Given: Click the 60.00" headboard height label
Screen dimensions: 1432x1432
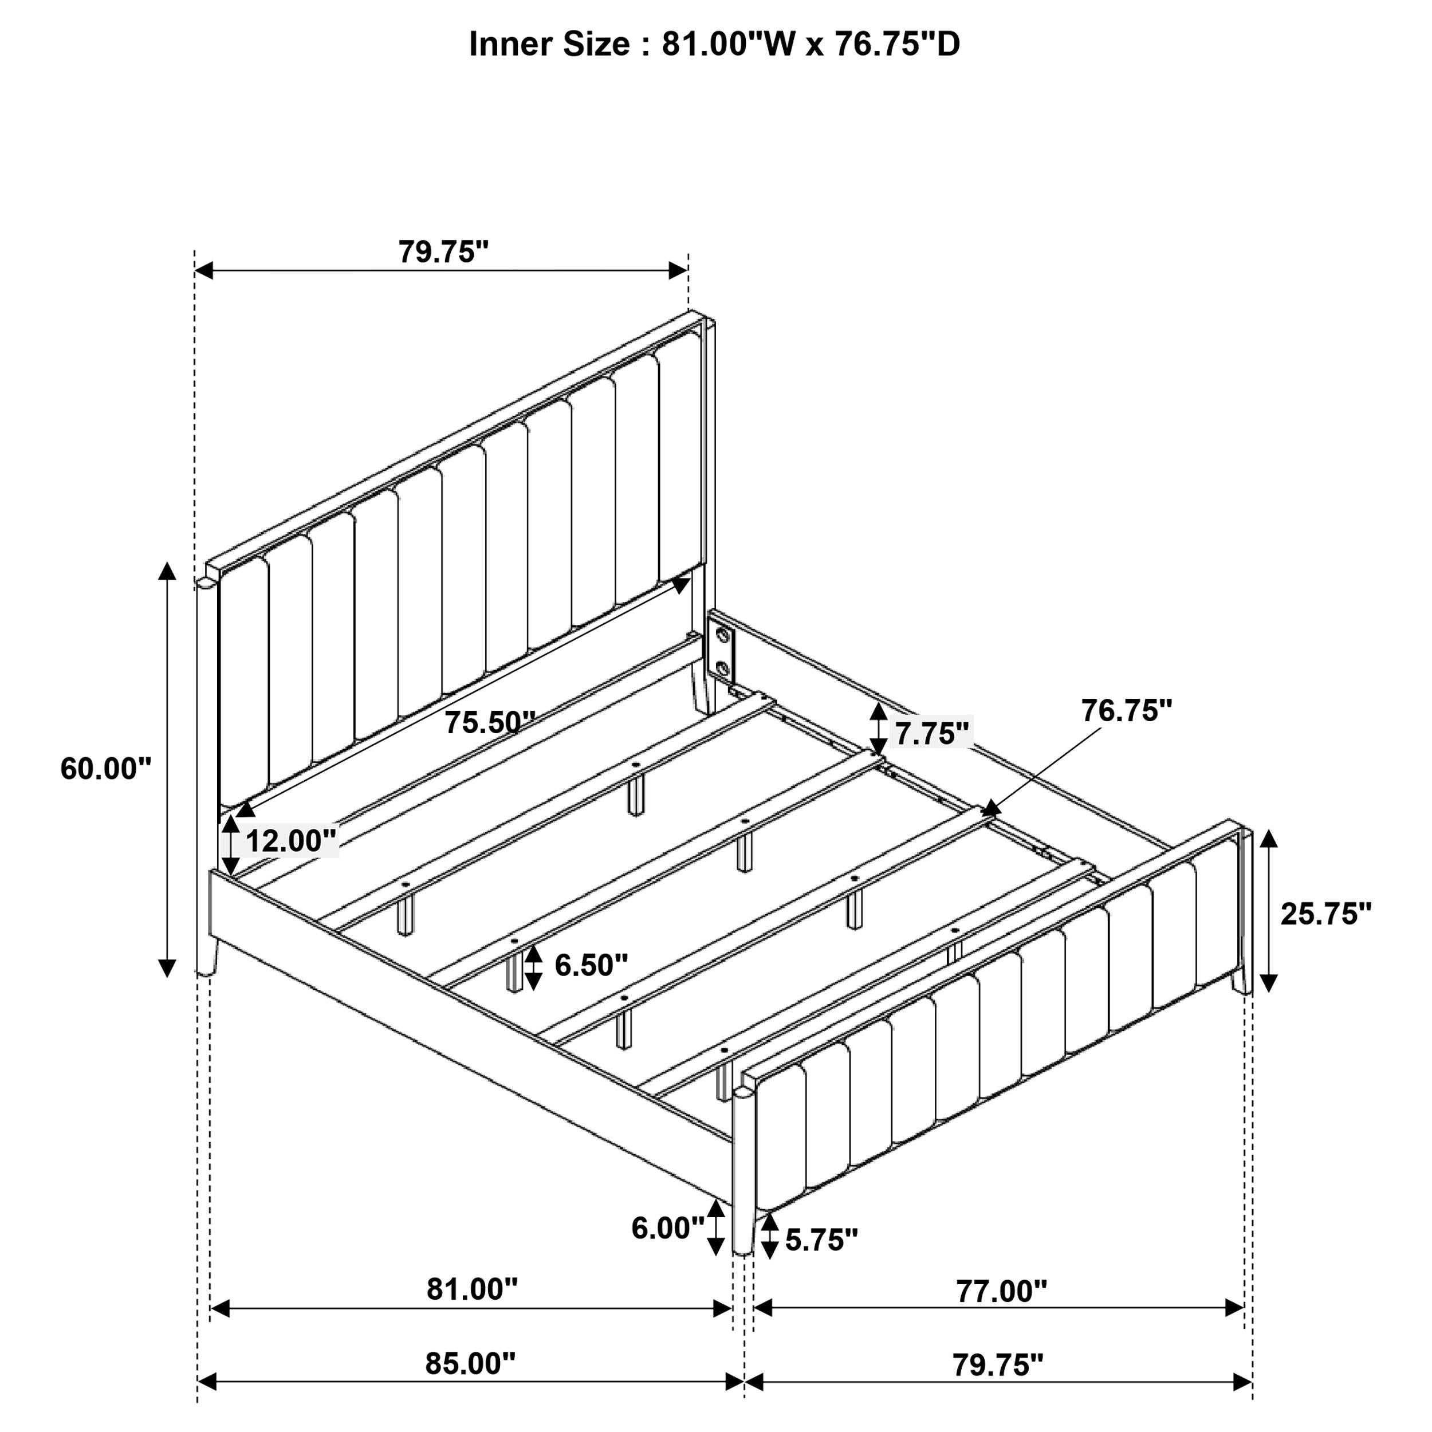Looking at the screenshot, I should click(x=105, y=769).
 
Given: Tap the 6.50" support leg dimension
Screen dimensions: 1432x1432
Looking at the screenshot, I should click(x=591, y=965).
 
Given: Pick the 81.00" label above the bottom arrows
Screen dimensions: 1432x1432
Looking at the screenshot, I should click(x=471, y=1289).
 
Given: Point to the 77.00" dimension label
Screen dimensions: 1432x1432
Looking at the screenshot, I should click(x=1001, y=1291).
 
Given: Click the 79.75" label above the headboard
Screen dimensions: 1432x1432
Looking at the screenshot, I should click(x=443, y=252).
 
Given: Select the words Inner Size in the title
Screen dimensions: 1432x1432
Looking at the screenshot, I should click(x=549, y=45).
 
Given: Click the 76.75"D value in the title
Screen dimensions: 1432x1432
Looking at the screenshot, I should click(x=897, y=45).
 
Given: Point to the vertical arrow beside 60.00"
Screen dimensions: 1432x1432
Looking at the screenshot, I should click(x=167, y=769).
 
